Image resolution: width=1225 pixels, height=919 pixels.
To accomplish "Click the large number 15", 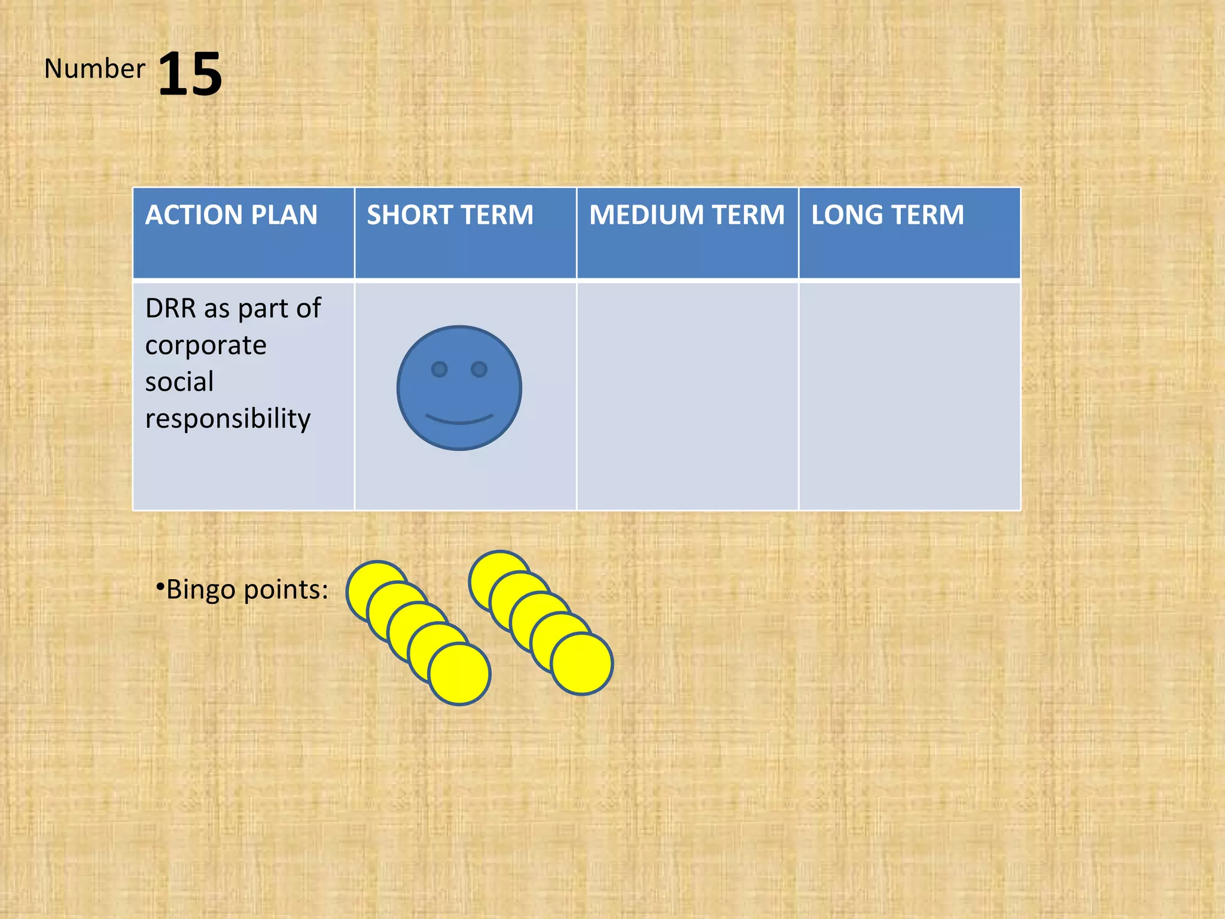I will coord(190,74).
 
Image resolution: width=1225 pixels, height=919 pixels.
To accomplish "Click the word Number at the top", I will coord(95,69).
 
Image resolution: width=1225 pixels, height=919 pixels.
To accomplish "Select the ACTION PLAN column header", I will coord(231,215).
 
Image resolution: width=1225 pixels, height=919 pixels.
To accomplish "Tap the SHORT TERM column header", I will coord(450,215).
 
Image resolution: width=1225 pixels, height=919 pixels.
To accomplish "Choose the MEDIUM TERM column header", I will coord(687,215).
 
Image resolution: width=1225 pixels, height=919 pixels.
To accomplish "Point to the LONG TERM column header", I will coord(888,215).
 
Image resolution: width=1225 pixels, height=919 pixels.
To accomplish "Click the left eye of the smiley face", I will coord(440,369).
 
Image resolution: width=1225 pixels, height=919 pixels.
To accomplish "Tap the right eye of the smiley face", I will coord(479,369).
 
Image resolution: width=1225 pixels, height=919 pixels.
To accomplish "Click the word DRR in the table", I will coord(170,309).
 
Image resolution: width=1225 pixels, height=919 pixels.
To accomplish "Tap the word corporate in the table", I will coord(206,346).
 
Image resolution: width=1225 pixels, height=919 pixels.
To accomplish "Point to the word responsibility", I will coord(228,419).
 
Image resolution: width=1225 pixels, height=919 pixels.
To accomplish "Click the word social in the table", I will coord(179,382).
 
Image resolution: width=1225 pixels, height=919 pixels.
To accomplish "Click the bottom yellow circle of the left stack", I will coord(460,674).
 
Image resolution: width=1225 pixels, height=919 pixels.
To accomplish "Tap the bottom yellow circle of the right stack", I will coord(583,664).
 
